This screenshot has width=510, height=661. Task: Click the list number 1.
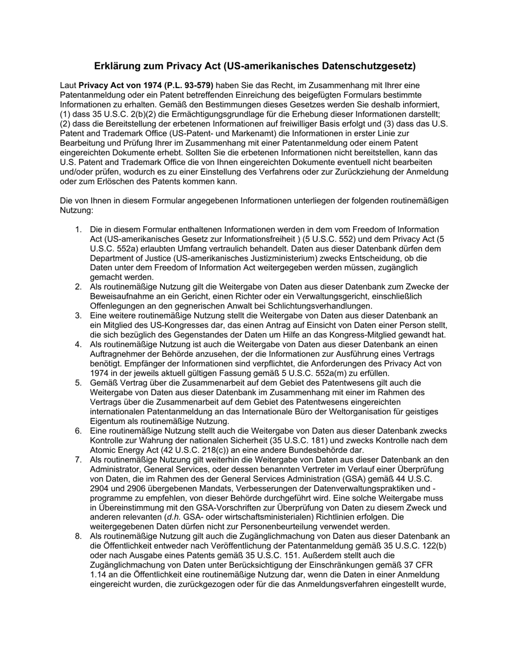coord(78,229)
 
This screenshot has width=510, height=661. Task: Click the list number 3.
coord(78,316)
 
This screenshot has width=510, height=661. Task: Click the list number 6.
coord(78,431)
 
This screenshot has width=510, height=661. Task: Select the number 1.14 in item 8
coord(99,574)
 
